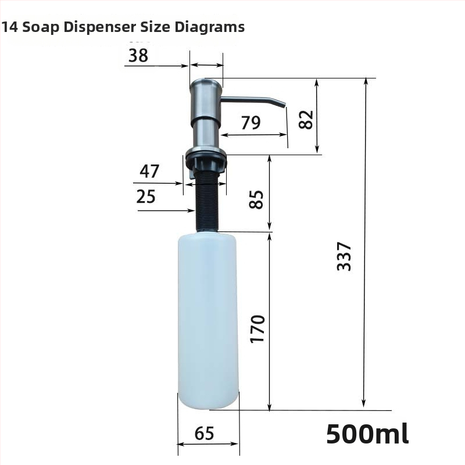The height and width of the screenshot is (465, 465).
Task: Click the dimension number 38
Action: pos(138,55)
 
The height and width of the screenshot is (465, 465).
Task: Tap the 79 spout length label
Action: pos(251,123)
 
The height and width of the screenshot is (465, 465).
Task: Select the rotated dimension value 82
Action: pos(306,120)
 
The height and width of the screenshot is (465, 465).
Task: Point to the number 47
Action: pos(149,171)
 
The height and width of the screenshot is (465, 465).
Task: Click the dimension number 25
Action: pos(146,196)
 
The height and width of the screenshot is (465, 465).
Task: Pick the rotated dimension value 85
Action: pos(256,199)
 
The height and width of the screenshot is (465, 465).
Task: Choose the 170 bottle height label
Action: pos(257,329)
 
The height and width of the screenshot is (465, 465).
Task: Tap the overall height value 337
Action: pos(344,256)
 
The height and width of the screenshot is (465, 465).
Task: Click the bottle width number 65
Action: pos(205,433)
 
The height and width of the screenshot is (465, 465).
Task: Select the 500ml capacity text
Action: pos(368,434)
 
